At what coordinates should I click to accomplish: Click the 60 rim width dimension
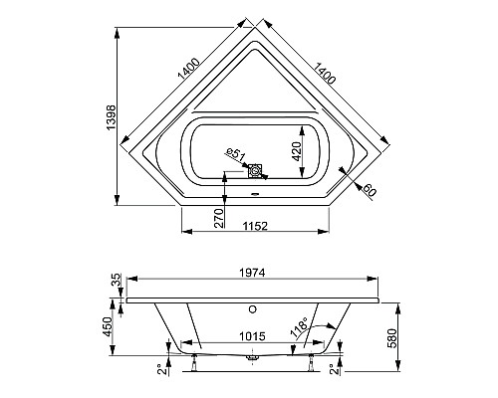pos(371,190)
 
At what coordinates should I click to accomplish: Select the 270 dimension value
pos(220,218)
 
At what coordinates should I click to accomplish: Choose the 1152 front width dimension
pos(253,226)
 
